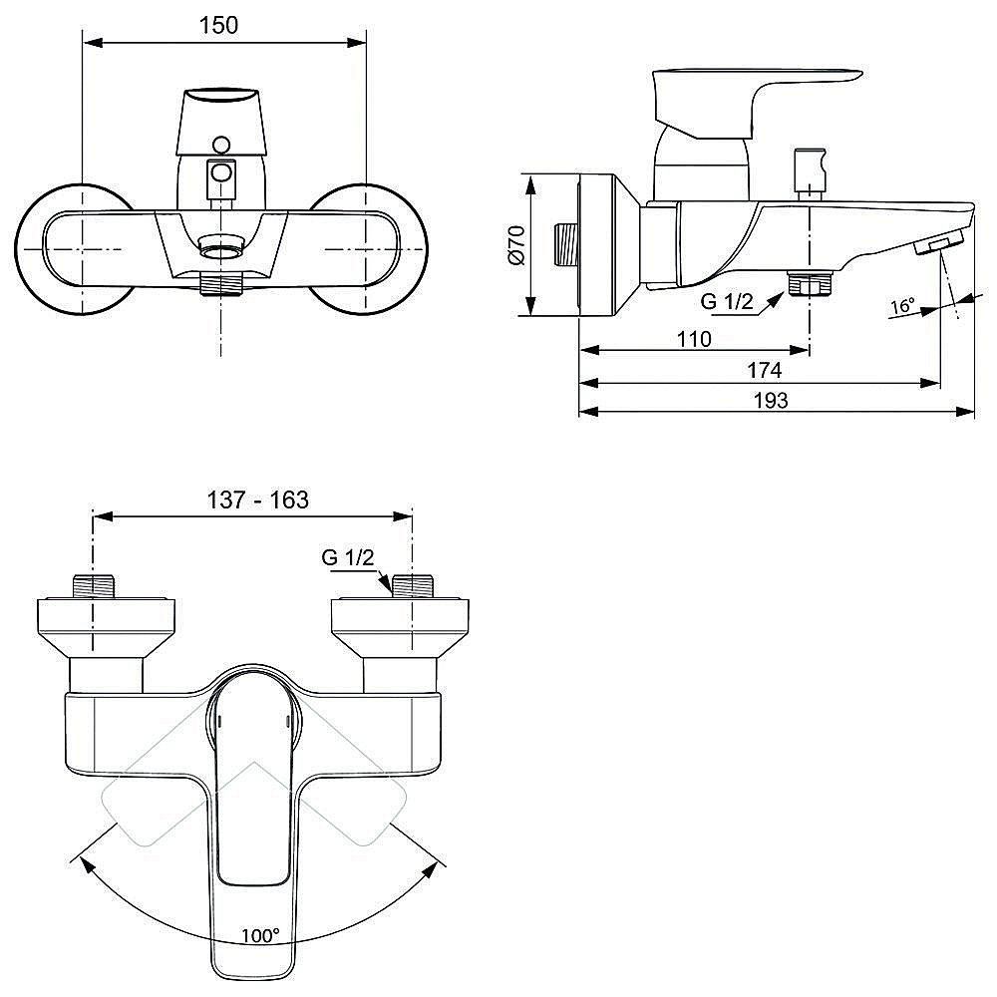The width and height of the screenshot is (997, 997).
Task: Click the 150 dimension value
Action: click(x=218, y=26)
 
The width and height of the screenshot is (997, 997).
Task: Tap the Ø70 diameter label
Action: click(x=516, y=245)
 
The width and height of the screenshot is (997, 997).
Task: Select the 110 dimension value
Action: click(x=694, y=339)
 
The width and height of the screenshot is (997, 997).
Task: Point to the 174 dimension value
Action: click(x=764, y=370)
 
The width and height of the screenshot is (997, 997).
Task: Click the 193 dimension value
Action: click(x=771, y=401)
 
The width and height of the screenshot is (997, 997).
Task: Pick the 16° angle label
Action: click(x=902, y=306)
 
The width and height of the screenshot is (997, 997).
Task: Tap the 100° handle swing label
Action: click(x=260, y=935)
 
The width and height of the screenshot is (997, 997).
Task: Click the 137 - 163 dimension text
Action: click(x=257, y=499)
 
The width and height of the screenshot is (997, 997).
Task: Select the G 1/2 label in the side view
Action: click(x=727, y=301)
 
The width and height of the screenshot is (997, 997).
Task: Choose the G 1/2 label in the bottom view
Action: click(x=348, y=557)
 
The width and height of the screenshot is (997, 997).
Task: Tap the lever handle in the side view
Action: click(x=751, y=102)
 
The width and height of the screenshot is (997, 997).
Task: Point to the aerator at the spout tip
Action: click(x=940, y=244)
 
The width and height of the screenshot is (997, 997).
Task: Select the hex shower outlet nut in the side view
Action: click(x=810, y=283)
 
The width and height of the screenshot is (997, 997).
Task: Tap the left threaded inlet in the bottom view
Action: click(x=94, y=586)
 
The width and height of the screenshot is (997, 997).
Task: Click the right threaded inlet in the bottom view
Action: click(x=413, y=586)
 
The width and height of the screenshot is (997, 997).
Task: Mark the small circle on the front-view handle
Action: click(x=221, y=145)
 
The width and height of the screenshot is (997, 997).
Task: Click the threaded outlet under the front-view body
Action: click(x=221, y=284)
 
